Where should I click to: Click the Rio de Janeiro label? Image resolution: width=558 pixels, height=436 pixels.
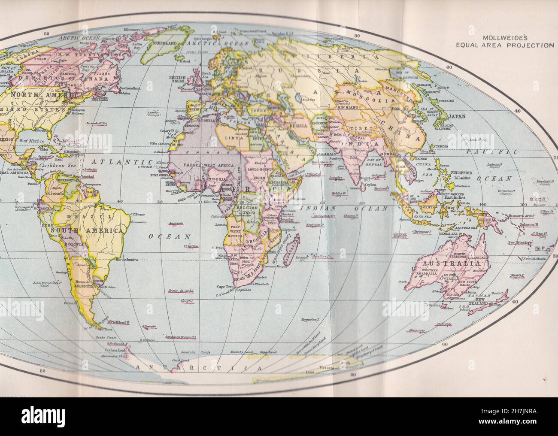127,260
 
